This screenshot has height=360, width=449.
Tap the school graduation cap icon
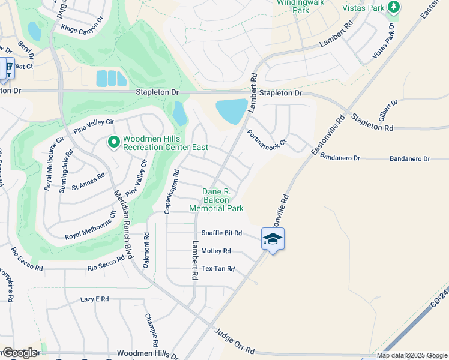[x=273, y=239]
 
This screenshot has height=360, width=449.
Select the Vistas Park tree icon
[x=394, y=7]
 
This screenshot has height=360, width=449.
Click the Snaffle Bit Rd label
[x=221, y=233]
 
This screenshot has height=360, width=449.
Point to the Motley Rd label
[x=216, y=251]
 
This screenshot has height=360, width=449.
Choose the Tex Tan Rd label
[x=218, y=269]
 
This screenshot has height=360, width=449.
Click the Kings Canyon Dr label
[x=86, y=29]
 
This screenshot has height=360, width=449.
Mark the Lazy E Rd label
[x=95, y=299]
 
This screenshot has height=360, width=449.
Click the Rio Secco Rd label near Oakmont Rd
[x=106, y=262]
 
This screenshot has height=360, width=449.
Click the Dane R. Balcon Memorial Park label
[x=216, y=199]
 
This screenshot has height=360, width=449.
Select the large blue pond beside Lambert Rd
[x=232, y=111]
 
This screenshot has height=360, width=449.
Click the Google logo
[x=20, y=353]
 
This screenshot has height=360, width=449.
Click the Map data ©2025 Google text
[x=411, y=355]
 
